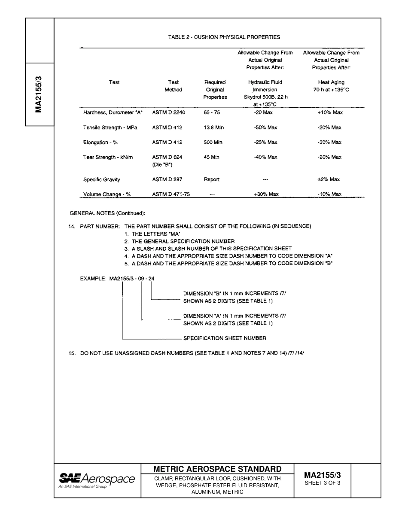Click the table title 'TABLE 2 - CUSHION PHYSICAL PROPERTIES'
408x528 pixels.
224,37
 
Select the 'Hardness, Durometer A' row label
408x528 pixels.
113,112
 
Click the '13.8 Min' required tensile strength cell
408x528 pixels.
213,127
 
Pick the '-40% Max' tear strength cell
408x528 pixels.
265,157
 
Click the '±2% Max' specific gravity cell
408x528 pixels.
329,179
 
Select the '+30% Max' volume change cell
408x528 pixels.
266,194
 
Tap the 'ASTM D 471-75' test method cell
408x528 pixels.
171,194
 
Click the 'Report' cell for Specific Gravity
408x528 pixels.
211,179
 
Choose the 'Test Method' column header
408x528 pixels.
174,86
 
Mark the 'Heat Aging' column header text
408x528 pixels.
331,82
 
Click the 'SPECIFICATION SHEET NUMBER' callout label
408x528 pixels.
225,338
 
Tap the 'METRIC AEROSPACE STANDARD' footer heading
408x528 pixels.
217,469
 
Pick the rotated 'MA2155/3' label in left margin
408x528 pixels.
39,94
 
